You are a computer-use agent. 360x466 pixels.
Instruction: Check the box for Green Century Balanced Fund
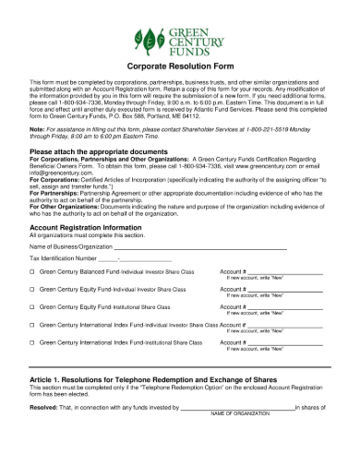coord(33,273)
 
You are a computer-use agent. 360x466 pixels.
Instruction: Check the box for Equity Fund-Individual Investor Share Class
coord(33,290)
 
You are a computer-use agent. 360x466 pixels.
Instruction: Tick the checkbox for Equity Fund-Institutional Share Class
coord(33,306)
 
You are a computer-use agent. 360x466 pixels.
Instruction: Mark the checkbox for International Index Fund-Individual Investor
coord(33,326)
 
